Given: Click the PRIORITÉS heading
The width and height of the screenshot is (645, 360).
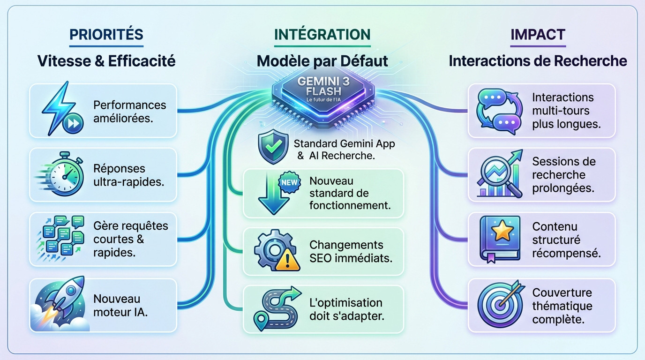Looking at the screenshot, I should (x=106, y=35).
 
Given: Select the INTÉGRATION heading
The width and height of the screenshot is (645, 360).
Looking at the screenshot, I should (x=322, y=35).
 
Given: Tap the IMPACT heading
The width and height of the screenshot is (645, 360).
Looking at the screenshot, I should (x=538, y=35).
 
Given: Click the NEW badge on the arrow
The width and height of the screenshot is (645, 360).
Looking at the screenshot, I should (x=288, y=182).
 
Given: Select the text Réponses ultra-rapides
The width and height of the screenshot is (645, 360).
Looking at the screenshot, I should (x=128, y=175).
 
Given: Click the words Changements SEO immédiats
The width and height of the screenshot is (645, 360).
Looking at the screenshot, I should (x=351, y=251).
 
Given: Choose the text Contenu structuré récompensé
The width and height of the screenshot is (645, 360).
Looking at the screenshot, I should (x=566, y=240).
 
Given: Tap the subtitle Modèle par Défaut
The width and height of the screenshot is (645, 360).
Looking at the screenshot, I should (x=322, y=61).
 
